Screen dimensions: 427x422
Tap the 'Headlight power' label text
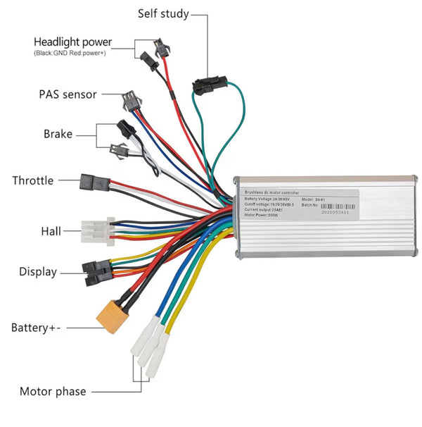[x=72, y=42]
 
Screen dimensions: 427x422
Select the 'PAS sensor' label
[x=67, y=94]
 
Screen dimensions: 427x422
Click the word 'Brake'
[x=58, y=134]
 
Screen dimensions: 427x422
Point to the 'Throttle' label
[x=32, y=180]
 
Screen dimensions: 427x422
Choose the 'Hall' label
[x=51, y=230]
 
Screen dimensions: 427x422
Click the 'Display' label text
[x=38, y=272]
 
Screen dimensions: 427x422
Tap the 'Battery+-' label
[x=35, y=328]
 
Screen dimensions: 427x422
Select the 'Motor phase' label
[x=53, y=392]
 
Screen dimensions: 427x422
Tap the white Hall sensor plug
[x=93, y=230]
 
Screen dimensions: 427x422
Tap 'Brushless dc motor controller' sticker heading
[x=270, y=192]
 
